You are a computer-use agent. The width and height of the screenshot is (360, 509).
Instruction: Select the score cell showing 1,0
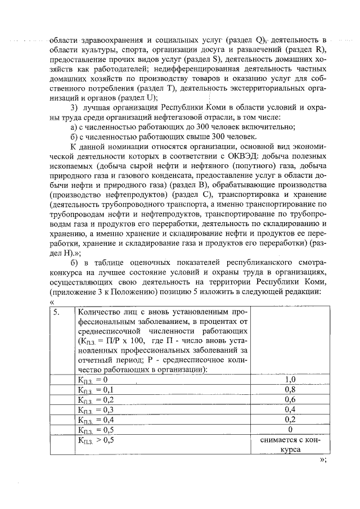click(290, 380)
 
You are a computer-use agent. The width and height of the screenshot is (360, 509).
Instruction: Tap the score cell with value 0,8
click(290, 390)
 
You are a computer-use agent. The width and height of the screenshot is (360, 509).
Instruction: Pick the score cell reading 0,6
click(290, 400)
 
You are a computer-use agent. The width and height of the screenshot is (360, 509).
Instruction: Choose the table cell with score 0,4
click(290, 410)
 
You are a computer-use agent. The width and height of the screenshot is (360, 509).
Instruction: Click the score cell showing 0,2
click(290, 420)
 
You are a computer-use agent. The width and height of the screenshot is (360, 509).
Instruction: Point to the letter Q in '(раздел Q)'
click(259, 40)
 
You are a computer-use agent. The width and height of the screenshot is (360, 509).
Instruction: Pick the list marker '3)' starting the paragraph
click(73, 108)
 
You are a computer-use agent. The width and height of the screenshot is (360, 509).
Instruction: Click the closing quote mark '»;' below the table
click(323, 460)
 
